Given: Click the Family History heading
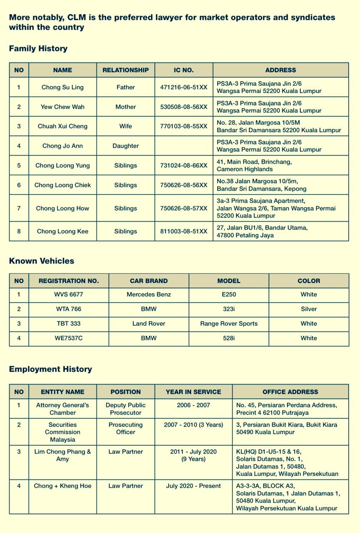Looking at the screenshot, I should (38, 49).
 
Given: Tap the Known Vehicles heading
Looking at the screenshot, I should (42, 261).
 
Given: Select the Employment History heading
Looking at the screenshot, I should (50, 369).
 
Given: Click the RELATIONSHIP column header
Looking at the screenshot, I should (126, 70).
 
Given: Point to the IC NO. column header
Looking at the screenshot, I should (184, 70).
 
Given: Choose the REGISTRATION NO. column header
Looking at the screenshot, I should (69, 281).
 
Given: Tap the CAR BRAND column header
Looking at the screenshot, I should (149, 281).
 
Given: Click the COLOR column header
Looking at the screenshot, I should (309, 281).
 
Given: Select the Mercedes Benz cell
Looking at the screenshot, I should (149, 294).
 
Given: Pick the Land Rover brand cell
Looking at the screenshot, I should (149, 324).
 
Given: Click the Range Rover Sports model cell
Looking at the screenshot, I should (229, 324).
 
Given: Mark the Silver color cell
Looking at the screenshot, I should (309, 309).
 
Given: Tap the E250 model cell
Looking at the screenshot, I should (229, 294).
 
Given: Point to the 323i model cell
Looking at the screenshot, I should (229, 309).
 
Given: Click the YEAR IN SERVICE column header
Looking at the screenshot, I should (194, 392).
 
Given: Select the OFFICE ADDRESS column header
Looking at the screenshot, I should (290, 392).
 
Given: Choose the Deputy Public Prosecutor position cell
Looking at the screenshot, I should (126, 409).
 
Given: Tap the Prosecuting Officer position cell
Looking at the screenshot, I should (126, 428).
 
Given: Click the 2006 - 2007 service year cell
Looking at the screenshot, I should (194, 405).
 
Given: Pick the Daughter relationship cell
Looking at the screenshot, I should (126, 146).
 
